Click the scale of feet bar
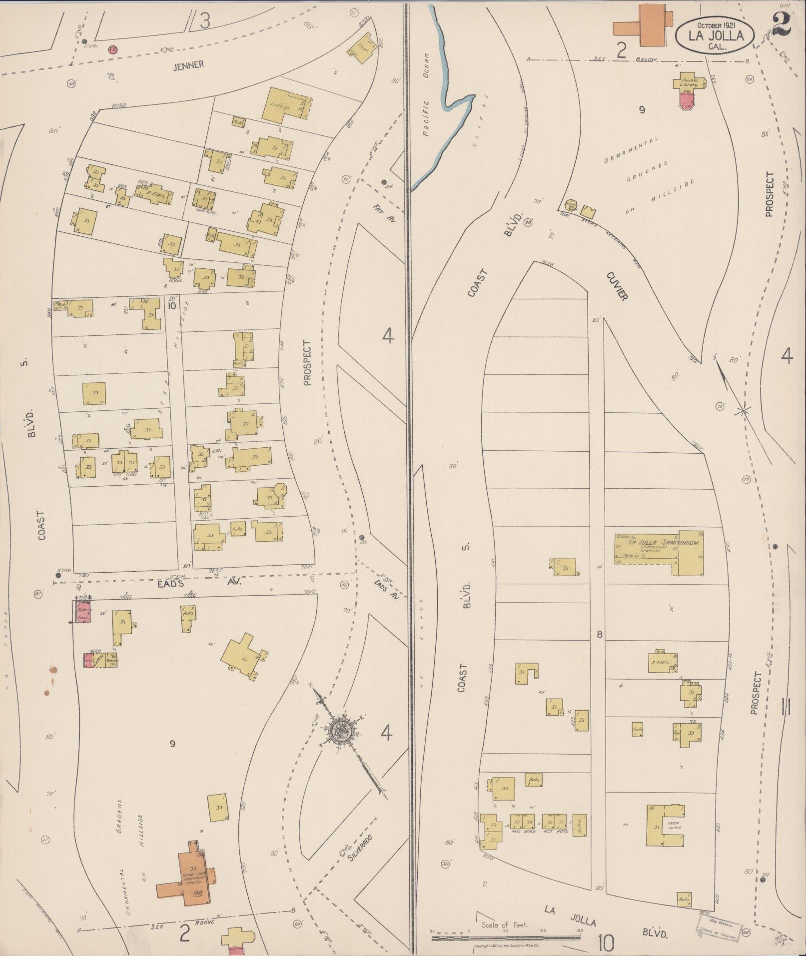pyautogui.click(x=505, y=932)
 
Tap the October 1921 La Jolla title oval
pyautogui.click(x=715, y=35)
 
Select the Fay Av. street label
pyautogui.click(x=384, y=213)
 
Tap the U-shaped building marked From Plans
pyautogui.click(x=664, y=825)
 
